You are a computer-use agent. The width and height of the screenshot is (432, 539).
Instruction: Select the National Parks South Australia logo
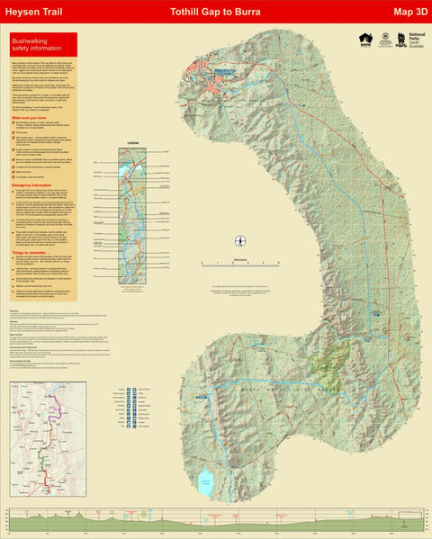[x=410, y=41]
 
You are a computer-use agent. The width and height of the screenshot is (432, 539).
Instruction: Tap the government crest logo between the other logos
[x=385, y=40]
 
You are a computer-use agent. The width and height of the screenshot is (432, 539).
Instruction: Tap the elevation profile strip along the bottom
[x=216, y=520]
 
